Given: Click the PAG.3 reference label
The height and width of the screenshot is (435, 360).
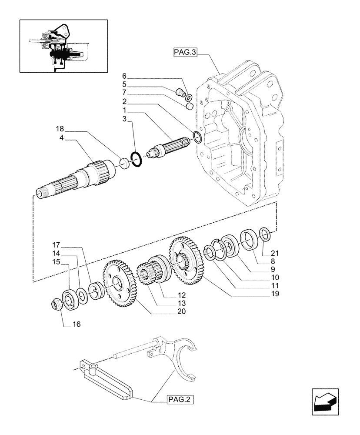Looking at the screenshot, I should pyautogui.click(x=185, y=53).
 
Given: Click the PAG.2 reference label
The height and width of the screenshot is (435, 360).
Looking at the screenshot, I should pyautogui.click(x=179, y=400).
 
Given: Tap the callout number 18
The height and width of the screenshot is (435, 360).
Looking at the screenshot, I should pyautogui.click(x=60, y=129).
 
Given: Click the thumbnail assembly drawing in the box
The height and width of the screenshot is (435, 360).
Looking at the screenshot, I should pyautogui.click(x=63, y=46).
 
